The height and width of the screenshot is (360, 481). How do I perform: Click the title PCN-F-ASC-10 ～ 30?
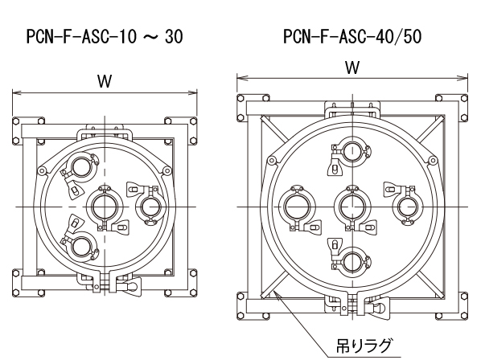(105, 37)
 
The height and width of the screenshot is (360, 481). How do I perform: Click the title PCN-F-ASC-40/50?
(352, 36)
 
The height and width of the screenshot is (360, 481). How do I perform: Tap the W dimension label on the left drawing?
(105, 81)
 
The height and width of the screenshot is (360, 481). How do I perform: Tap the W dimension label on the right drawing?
(352, 67)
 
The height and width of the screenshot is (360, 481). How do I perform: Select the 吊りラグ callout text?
(364, 346)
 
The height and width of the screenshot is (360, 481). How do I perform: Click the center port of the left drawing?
(105, 207)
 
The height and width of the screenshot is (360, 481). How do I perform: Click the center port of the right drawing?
(352, 207)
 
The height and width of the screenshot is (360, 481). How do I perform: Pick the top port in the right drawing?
(352, 151)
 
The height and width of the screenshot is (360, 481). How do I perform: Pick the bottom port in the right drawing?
(352, 262)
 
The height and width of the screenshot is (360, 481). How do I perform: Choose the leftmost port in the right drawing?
(297, 207)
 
